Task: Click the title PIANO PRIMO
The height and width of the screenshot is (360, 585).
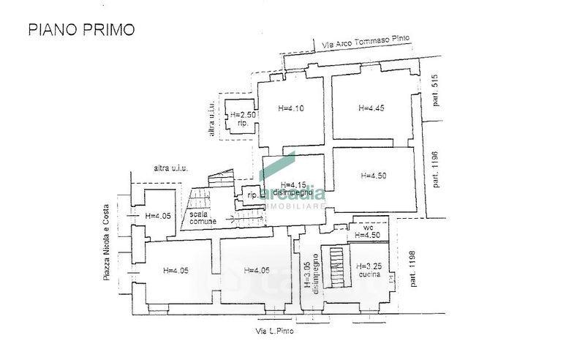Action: click(x=81, y=30)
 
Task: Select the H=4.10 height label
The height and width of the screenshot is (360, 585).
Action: click(x=291, y=108)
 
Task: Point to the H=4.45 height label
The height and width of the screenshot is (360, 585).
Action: click(x=371, y=108)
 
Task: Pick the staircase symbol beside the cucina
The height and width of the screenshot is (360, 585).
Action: click(x=336, y=266)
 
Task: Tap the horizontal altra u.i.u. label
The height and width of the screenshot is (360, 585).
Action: click(x=171, y=169)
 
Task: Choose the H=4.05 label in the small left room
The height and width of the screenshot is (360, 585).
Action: click(x=158, y=216)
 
